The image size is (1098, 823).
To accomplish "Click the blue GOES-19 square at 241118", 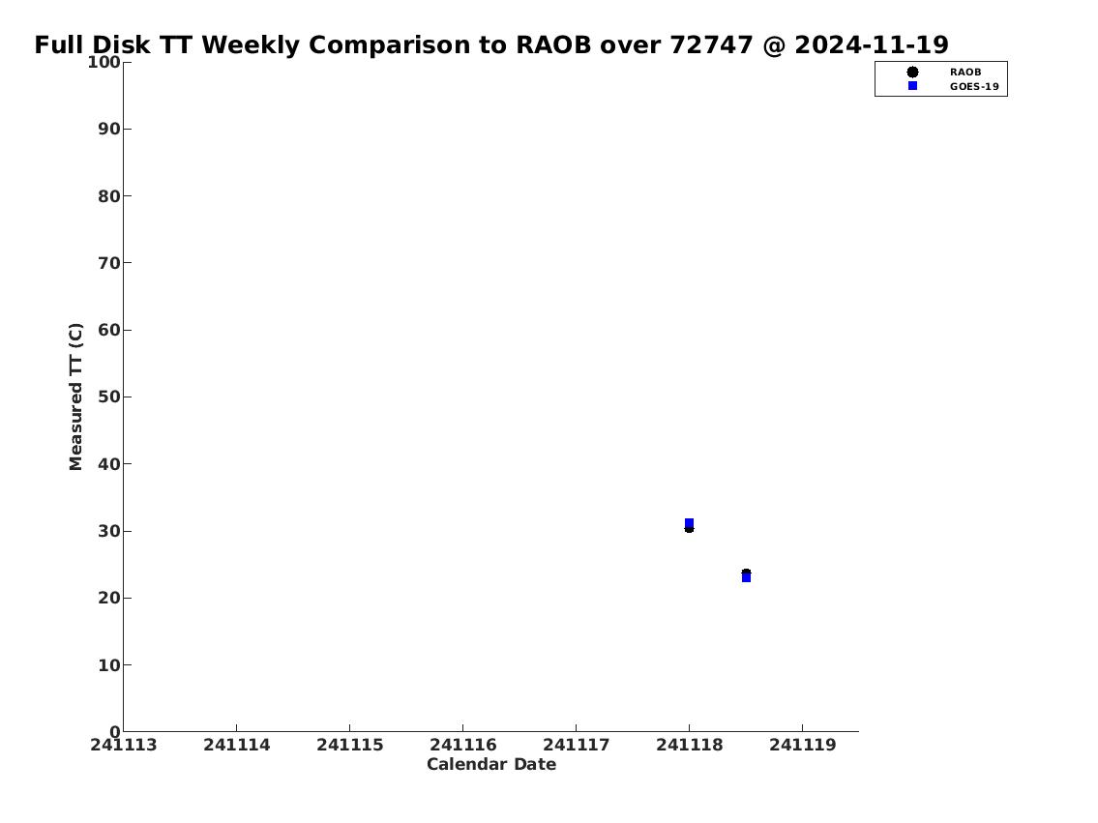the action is (x=689, y=523).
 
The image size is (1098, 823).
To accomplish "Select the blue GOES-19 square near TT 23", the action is (x=747, y=577).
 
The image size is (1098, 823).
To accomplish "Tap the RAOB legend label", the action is (x=965, y=73).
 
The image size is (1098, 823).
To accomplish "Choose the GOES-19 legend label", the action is (x=974, y=87).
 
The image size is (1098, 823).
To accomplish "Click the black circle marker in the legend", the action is (x=912, y=73).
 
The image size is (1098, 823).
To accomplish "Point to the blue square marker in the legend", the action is (x=912, y=85).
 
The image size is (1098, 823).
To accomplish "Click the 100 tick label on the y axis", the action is (x=104, y=62).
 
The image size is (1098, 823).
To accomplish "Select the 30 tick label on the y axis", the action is (x=109, y=531).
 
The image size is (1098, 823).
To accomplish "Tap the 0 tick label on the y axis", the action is (x=115, y=732).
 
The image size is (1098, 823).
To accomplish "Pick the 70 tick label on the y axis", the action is (x=109, y=263).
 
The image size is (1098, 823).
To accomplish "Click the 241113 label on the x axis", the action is (x=124, y=746).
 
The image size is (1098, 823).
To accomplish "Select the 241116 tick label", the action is (x=462, y=746).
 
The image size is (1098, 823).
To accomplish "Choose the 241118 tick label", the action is (x=689, y=746).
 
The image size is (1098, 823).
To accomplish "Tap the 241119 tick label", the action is (x=803, y=746).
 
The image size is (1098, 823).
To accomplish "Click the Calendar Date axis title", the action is (x=491, y=764).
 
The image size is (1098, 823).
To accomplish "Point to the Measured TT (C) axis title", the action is (x=75, y=397).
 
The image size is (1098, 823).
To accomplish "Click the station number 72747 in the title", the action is (x=711, y=44).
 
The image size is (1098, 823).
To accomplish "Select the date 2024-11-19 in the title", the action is (x=872, y=44).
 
